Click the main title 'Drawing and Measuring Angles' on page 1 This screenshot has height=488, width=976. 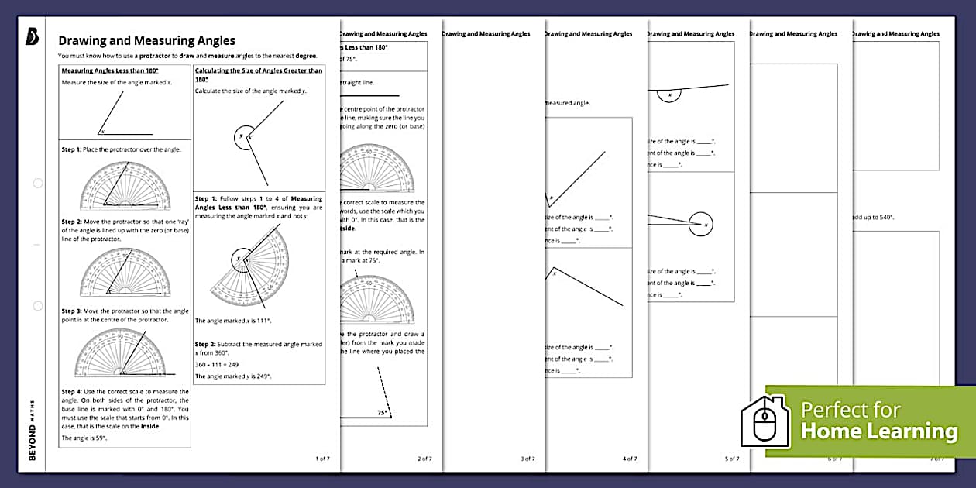[x=147, y=41]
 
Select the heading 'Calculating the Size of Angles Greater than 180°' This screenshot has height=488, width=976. [x=259, y=74]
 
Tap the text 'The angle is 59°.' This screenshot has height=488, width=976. [x=84, y=438]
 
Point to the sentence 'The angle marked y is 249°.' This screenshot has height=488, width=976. [x=233, y=376]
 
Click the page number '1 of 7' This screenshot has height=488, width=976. [x=322, y=459]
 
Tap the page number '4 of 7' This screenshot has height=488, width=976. [x=631, y=459]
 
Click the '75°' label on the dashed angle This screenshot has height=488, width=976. [x=383, y=413]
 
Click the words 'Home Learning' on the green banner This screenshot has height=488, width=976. [x=878, y=431]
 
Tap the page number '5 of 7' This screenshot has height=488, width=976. [x=732, y=459]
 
